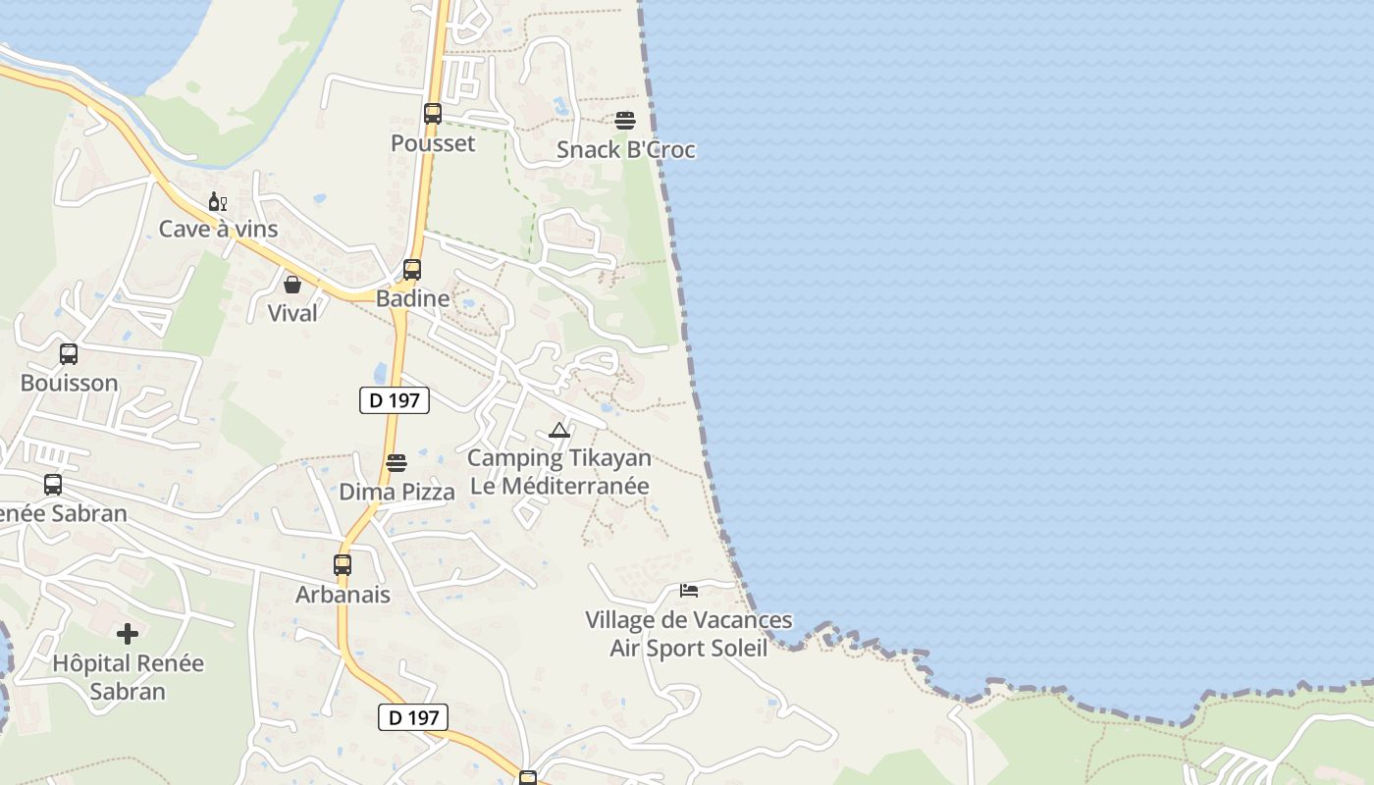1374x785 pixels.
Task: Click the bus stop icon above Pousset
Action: [x=433, y=113]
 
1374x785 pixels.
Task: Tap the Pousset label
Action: [x=433, y=143]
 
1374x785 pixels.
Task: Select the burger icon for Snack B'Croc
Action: [x=625, y=121]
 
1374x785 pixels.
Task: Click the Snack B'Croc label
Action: [x=626, y=150]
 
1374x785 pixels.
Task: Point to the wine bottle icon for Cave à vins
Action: [x=218, y=202]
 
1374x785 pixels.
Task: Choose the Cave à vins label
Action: [x=219, y=230]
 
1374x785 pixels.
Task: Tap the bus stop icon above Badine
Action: [x=412, y=270]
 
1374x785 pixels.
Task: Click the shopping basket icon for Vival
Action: [x=292, y=285]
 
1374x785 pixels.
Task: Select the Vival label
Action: [x=292, y=313]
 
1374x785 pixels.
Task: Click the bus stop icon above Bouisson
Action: [x=69, y=354]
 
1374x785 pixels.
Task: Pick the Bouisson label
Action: [x=69, y=383]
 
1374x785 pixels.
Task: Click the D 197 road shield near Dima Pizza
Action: [x=395, y=400]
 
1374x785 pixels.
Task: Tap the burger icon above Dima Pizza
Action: [x=396, y=463]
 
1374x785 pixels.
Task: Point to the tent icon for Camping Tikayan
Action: [x=559, y=430]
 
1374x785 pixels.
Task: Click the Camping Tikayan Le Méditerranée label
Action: [x=559, y=472]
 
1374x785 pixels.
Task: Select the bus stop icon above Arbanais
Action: [x=343, y=565]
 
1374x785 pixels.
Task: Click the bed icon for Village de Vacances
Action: [x=689, y=591]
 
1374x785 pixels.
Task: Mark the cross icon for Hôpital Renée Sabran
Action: [x=128, y=634]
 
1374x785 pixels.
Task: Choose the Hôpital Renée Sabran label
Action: [x=128, y=677]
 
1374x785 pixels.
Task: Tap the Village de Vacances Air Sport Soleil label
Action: [x=689, y=634]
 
